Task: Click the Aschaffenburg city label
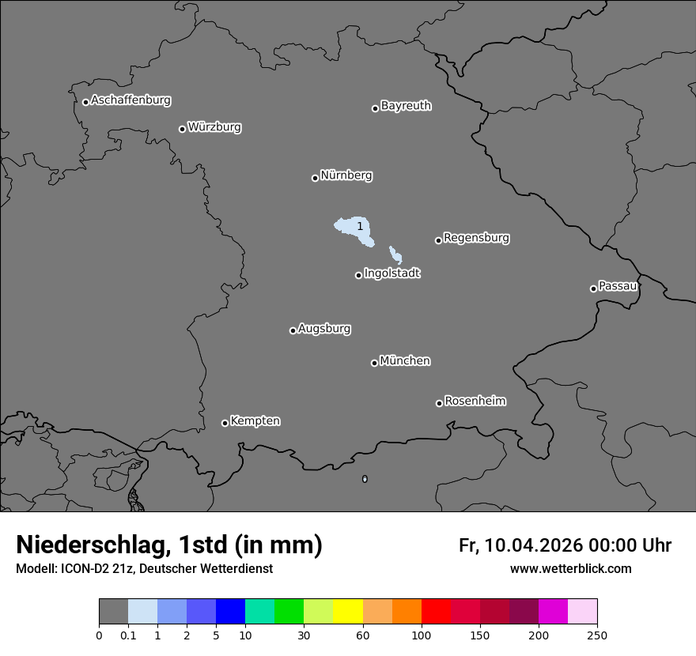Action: [x=130, y=100]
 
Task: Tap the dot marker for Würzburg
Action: [x=182, y=129]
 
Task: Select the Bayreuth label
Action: [x=406, y=106]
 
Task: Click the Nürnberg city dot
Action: [x=315, y=178]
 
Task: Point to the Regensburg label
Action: [x=476, y=238]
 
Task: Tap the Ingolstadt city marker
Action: [x=358, y=275]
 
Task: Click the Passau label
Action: [x=618, y=286]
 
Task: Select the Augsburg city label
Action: [x=324, y=329]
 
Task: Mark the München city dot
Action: [x=374, y=363]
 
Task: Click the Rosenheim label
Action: [x=475, y=402]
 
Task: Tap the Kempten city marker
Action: [x=225, y=423]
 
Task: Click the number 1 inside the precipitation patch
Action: [x=360, y=227]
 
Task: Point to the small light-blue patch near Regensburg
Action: [x=395, y=256]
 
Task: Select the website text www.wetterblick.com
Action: [x=570, y=569]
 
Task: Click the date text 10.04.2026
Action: [x=534, y=545]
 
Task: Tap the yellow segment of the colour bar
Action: [x=348, y=612]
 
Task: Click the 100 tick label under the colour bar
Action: [x=422, y=635]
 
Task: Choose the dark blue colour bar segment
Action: [x=230, y=612]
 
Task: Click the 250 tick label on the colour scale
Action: [x=597, y=635]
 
